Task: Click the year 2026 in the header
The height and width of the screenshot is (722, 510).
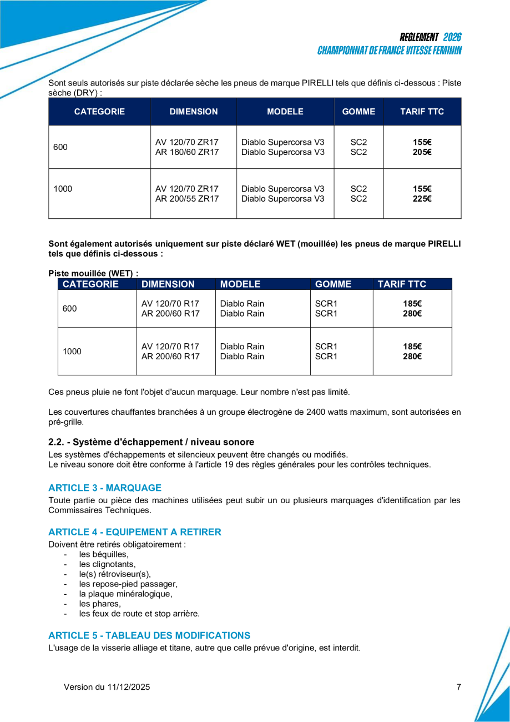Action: point(452,37)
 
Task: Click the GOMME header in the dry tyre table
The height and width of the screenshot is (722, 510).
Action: point(358,112)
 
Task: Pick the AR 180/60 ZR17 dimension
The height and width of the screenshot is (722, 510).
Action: point(187,152)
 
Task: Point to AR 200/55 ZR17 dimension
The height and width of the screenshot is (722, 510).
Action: point(187,199)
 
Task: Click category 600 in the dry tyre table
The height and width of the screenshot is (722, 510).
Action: point(60,147)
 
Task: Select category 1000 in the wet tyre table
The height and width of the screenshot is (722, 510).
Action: point(72,351)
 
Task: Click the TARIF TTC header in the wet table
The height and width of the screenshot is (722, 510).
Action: point(402,284)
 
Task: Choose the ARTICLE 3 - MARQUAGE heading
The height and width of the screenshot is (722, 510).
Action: point(105,488)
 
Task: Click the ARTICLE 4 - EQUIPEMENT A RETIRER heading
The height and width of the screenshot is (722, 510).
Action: point(135,532)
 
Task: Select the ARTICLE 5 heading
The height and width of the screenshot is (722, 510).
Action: point(149,635)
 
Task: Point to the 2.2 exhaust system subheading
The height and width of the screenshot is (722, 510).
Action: point(151,442)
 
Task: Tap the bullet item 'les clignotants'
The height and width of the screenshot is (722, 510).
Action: point(107,564)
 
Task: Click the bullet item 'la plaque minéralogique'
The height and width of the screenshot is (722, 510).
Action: point(125,594)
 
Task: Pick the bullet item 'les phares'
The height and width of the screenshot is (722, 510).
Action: point(99,604)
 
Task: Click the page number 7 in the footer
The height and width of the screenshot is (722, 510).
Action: point(458,687)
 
